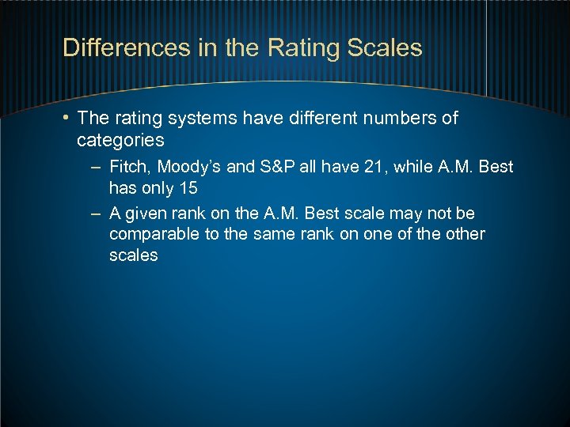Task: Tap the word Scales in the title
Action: tap(386, 47)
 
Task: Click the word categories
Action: tap(120, 141)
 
